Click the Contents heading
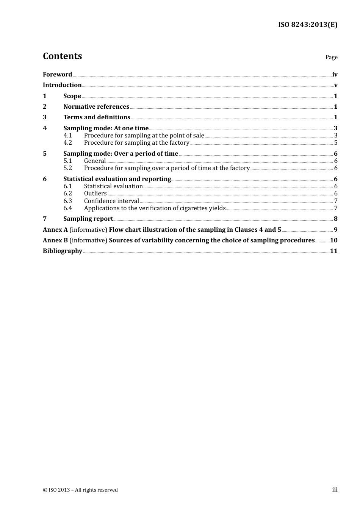pos(63,56)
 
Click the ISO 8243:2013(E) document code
pos(308,25)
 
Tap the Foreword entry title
pos(57,74)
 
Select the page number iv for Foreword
pos(335,74)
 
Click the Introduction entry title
pos(62,85)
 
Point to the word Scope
pos(72,96)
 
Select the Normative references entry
pos(96,106)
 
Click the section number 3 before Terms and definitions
pos(45,117)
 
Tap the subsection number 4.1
pos(67,135)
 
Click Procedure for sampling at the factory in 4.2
pos(136,142)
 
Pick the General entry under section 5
pos(95,161)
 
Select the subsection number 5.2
pos(67,168)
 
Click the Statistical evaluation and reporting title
pos(117,179)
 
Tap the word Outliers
pos(95,194)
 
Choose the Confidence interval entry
pos(111,201)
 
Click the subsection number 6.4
pos(67,208)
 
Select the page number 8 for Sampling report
pos(335,219)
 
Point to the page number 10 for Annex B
pos(333,240)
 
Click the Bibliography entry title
pos(63,251)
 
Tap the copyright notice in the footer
pos(80,490)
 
